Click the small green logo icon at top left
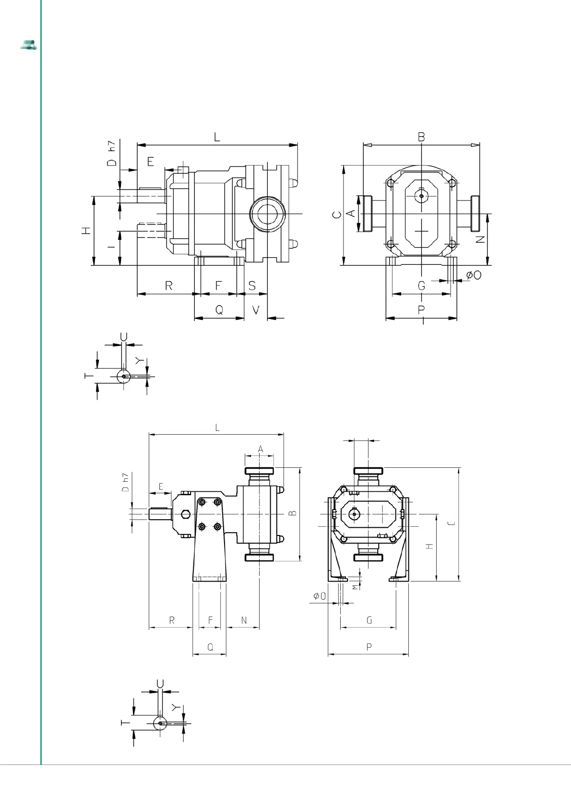coord(29,45)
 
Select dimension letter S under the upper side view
coord(252,285)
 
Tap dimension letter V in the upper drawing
coord(256,310)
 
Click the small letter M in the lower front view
coord(356,587)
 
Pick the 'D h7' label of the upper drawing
coord(112,154)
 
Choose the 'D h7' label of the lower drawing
coord(125,483)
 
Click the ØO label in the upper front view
coord(474,275)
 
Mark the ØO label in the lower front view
coord(320,596)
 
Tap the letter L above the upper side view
coord(217,137)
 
